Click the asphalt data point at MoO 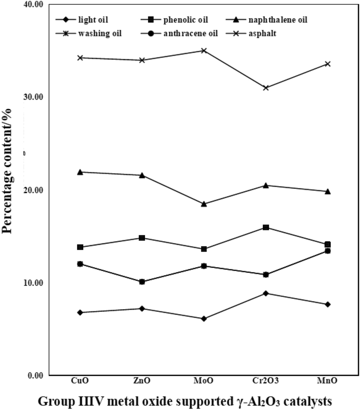point(204,51)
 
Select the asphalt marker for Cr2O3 point(266,88)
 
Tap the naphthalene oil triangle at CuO point(80,172)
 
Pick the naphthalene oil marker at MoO point(204,204)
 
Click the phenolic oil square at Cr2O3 point(266,228)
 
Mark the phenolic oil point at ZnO point(142,238)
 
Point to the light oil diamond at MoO point(204,319)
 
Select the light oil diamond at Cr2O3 point(266,293)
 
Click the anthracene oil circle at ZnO point(142,282)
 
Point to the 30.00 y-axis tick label point(33,97)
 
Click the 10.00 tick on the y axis point(33,283)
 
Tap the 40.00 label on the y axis point(33,5)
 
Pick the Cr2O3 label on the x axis point(266,381)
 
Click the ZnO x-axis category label point(142,381)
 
